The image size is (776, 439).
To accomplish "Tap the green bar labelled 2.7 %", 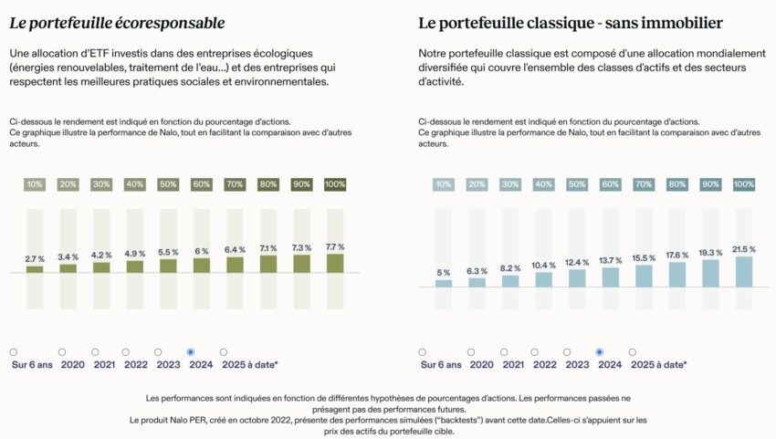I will (x=35, y=269).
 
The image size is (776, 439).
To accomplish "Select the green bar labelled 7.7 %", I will (x=335, y=263).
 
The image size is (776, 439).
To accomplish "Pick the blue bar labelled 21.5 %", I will (x=744, y=271).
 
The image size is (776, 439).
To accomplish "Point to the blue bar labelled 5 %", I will (x=444, y=283).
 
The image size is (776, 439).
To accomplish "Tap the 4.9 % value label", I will (x=135, y=253).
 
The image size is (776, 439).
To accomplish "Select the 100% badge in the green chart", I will (x=335, y=184).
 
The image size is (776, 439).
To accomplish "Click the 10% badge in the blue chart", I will (x=444, y=184).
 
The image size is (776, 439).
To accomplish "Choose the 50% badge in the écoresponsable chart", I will (x=168, y=184).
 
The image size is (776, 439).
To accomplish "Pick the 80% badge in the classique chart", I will (x=677, y=184).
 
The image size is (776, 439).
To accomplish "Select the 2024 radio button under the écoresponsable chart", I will (x=191, y=351).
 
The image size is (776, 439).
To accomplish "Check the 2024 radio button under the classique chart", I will (x=600, y=351).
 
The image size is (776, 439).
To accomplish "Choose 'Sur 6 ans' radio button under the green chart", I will (x=14, y=351).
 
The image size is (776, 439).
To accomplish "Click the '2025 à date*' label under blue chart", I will (x=658, y=364).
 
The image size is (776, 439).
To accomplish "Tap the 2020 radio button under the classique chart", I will (x=471, y=351).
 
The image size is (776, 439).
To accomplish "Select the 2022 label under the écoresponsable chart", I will (x=135, y=364).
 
